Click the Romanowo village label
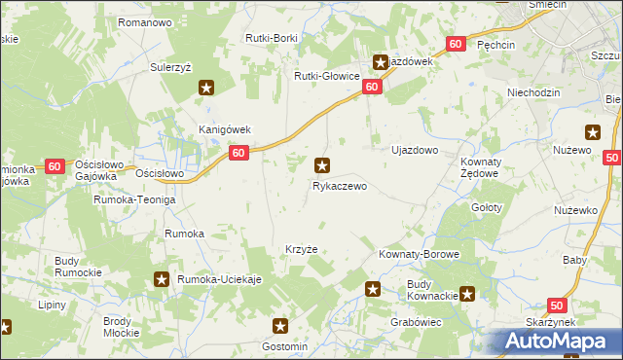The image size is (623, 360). [144, 21]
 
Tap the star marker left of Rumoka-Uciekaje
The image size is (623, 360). [162, 280]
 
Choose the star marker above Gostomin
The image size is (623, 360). [280, 328]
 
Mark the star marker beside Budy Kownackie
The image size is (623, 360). [468, 293]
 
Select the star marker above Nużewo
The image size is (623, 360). [592, 133]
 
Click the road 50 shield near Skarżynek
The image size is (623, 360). [556, 305]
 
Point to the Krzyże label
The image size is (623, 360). [302, 249]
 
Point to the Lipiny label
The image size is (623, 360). [52, 305]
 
